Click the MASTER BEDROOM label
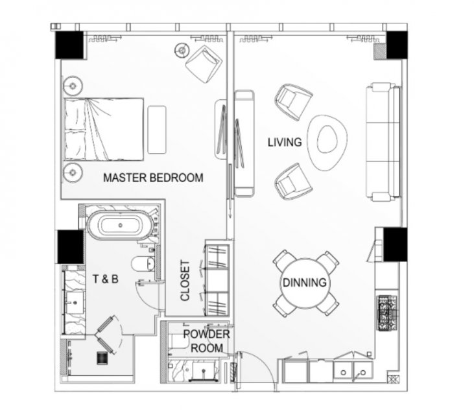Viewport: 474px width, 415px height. click(x=153, y=178)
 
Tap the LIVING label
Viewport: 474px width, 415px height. click(x=285, y=143)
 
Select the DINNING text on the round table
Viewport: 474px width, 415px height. click(x=304, y=283)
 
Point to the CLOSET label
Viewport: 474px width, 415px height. click(x=185, y=281)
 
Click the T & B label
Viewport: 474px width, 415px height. click(x=106, y=279)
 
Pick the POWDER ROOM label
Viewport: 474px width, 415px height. click(x=207, y=341)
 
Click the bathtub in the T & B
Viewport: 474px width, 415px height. click(x=121, y=226)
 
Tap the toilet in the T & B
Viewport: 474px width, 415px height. click(x=143, y=264)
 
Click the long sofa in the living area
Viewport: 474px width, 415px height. click(x=383, y=142)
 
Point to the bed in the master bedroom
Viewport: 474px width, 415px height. click(x=104, y=130)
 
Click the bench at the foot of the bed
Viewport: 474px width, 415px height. click(x=157, y=130)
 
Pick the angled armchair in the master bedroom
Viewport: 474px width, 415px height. click(x=204, y=64)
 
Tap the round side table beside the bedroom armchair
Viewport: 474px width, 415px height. click(x=182, y=50)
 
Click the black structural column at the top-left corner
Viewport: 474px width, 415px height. click(x=69, y=45)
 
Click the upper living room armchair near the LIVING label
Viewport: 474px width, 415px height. click(x=293, y=102)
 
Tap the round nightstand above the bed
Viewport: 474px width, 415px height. click(x=73, y=86)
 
